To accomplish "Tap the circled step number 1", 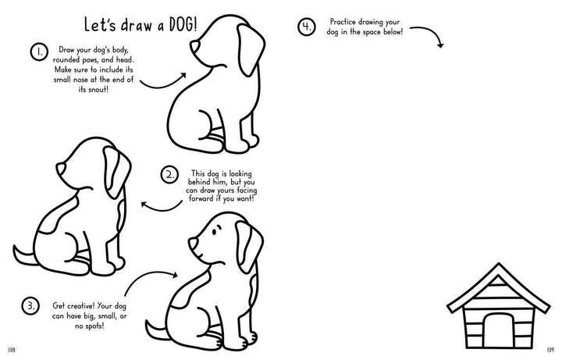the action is (39, 52).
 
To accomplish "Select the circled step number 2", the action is (169, 175).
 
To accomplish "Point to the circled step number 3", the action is (30, 306).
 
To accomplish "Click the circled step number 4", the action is (307, 27).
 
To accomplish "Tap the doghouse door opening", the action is (498, 330).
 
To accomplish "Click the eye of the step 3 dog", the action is (214, 232).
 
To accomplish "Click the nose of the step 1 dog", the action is (194, 46).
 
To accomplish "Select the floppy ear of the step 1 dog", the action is (250, 49).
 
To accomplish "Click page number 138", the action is (12, 350).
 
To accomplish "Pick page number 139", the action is (550, 350).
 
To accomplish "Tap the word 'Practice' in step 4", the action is (343, 22).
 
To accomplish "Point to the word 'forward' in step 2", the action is (201, 198).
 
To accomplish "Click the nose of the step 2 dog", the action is (60, 169).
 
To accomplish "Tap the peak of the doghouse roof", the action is (498, 264).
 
